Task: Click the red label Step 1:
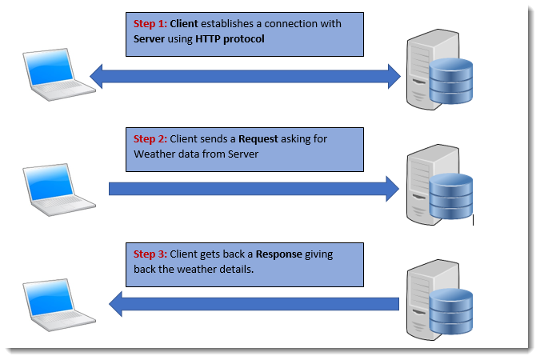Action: (x=150, y=24)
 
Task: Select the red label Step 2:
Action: (x=150, y=139)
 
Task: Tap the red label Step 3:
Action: (x=150, y=254)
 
